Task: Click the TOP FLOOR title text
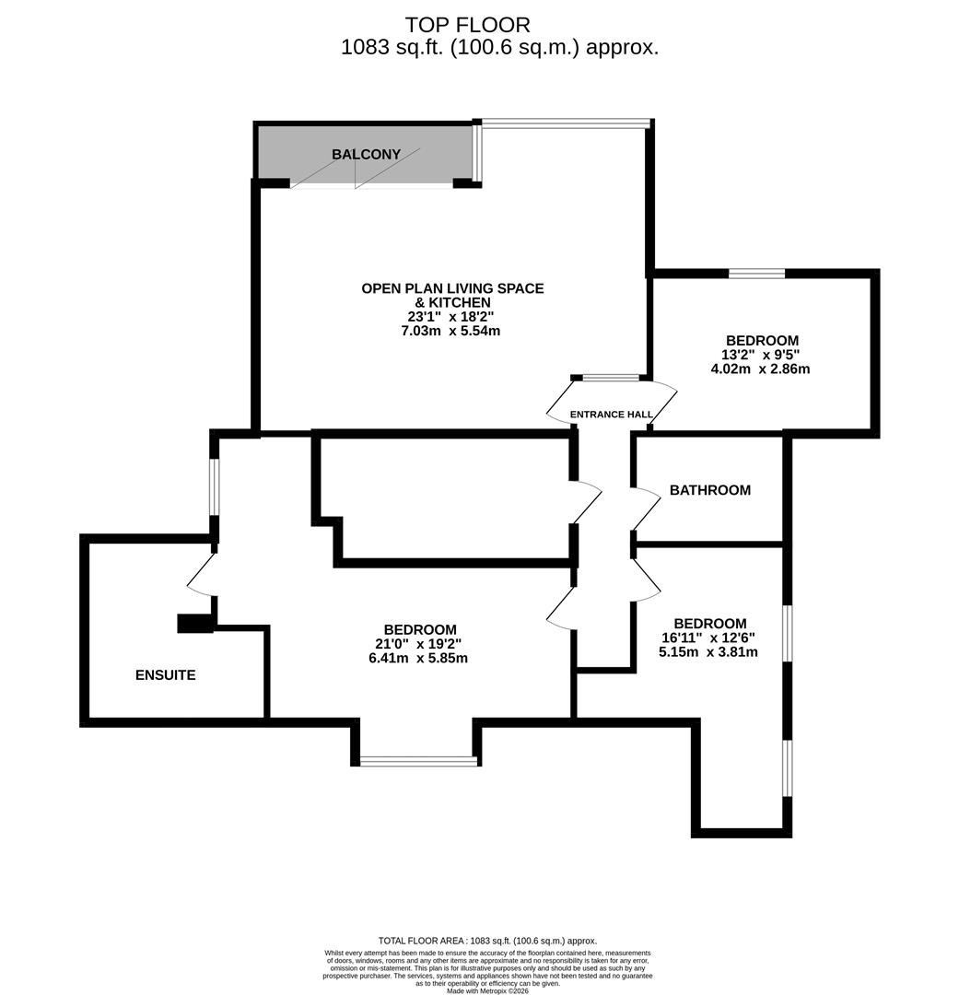click(468, 24)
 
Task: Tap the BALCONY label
click(367, 155)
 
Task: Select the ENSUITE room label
click(166, 675)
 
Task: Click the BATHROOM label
click(709, 490)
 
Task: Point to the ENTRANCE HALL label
click(612, 415)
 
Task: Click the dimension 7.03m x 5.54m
click(452, 331)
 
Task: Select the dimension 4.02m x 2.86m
click(760, 369)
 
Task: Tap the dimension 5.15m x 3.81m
click(708, 651)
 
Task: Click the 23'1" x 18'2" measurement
click(451, 316)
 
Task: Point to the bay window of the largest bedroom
click(419, 761)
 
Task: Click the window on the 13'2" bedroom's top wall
click(757, 273)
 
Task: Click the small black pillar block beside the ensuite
click(194, 624)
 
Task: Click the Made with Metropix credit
click(488, 990)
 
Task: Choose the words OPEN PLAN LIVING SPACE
click(452, 288)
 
